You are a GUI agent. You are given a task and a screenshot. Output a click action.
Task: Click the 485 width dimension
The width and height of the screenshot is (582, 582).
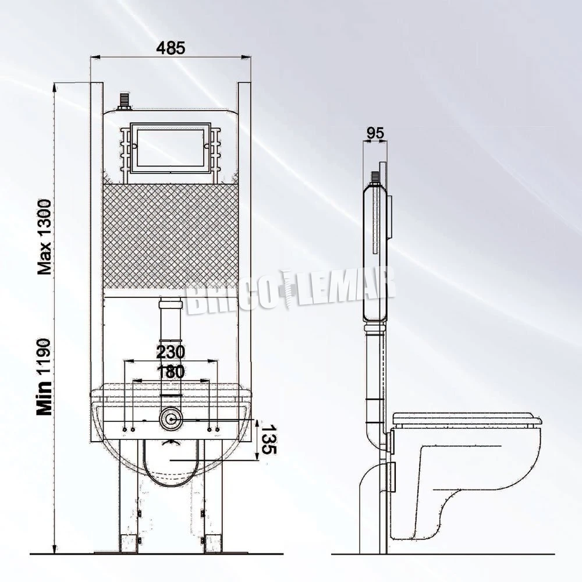[171, 48]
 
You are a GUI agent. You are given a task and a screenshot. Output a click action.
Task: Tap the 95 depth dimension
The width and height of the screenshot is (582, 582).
[376, 133]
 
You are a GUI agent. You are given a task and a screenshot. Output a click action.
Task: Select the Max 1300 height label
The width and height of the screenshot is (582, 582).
[45, 236]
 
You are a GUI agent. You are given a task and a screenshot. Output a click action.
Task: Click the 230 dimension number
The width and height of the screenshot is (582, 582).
[170, 352]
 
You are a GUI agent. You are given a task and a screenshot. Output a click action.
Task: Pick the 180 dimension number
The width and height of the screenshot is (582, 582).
[170, 372]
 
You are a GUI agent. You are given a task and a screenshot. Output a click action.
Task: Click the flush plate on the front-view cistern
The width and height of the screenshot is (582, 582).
[170, 148]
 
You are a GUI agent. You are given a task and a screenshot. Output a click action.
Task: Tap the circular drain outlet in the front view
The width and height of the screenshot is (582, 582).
[171, 418]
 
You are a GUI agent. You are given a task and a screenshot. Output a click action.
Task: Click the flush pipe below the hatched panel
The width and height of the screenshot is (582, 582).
[170, 326]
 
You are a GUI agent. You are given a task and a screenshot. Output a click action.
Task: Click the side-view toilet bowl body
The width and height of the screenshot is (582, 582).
[466, 477]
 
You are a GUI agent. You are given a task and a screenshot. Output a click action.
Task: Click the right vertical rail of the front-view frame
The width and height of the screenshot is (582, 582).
[244, 233]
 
